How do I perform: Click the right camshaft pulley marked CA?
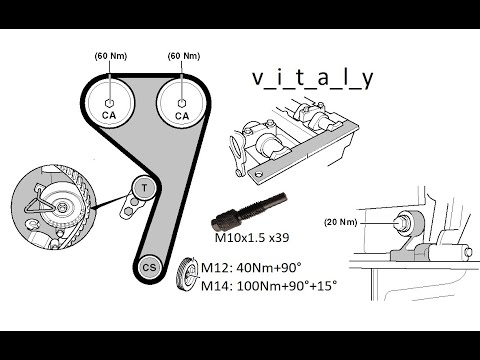pyautogui.click(x=181, y=106)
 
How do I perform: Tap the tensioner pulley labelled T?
pyautogui.click(x=143, y=188)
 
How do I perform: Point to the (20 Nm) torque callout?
pyautogui.click(x=343, y=221)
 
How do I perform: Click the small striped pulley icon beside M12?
pyautogui.click(x=184, y=275)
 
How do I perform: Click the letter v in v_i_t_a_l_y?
pyautogui.click(x=258, y=79)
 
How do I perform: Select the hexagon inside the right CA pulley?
pyautogui.click(x=181, y=100)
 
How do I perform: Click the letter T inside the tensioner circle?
pyautogui.click(x=143, y=188)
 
